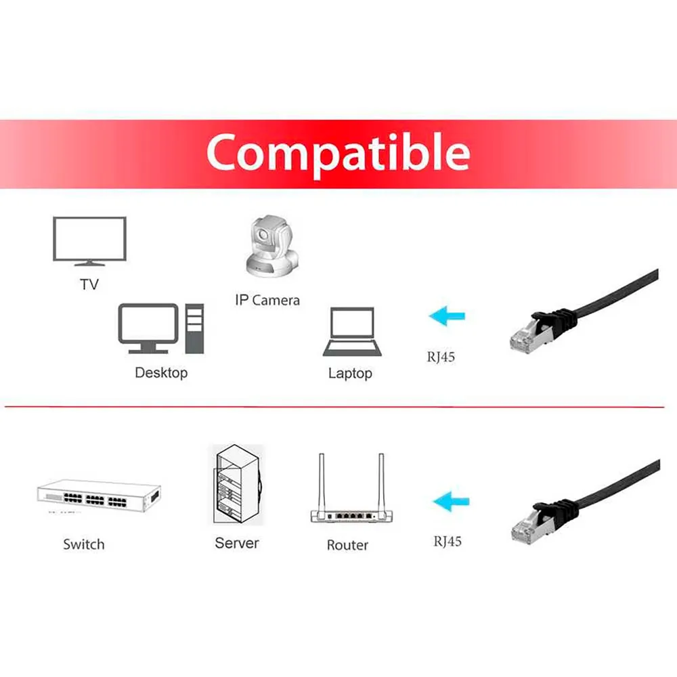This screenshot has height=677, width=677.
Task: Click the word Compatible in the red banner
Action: pos(338,153)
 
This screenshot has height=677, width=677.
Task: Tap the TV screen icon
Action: pos(89,241)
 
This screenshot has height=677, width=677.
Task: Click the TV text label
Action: pos(89,284)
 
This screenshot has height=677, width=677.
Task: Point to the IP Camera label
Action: pos(267,300)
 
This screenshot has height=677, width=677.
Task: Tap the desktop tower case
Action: pos(194,328)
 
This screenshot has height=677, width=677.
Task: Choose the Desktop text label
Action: pos(161,372)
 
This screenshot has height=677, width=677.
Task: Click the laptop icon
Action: pos(352,332)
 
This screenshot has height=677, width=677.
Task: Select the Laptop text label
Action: pos(350,374)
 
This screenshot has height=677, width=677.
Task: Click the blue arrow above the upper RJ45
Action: pos(447,316)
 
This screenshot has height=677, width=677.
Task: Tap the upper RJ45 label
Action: pos(441,357)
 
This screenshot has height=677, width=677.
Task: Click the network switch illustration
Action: pos(99,496)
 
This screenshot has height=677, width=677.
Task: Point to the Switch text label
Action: pos(84,544)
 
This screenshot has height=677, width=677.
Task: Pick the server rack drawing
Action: pos(237,484)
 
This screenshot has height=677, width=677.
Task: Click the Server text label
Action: pos(237,543)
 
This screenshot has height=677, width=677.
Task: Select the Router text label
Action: pos(347,545)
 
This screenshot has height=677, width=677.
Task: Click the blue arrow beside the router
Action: pos(451,502)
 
